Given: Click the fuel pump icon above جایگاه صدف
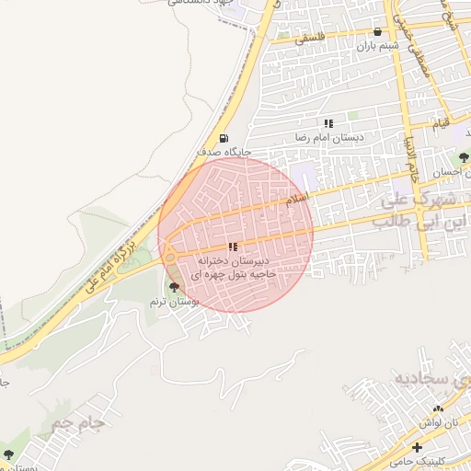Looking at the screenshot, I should tap(225, 139).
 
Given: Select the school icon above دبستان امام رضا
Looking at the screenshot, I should tap(328, 122).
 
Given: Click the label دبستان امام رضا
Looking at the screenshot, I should tap(328, 136).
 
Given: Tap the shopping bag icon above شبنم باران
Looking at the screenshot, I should tap(377, 31).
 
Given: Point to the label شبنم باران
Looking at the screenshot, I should tap(377, 44).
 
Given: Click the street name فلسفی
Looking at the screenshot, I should tap(309, 40).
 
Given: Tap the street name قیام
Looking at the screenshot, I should tap(442, 122).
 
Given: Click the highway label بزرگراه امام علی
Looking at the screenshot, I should tap(111, 262).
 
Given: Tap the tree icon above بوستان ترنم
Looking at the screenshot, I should tap(174, 288).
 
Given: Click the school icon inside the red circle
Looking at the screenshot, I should tap(233, 247).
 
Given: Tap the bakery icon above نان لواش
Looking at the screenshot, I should tap(438, 408).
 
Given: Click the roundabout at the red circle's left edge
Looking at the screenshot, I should tap(170, 257).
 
